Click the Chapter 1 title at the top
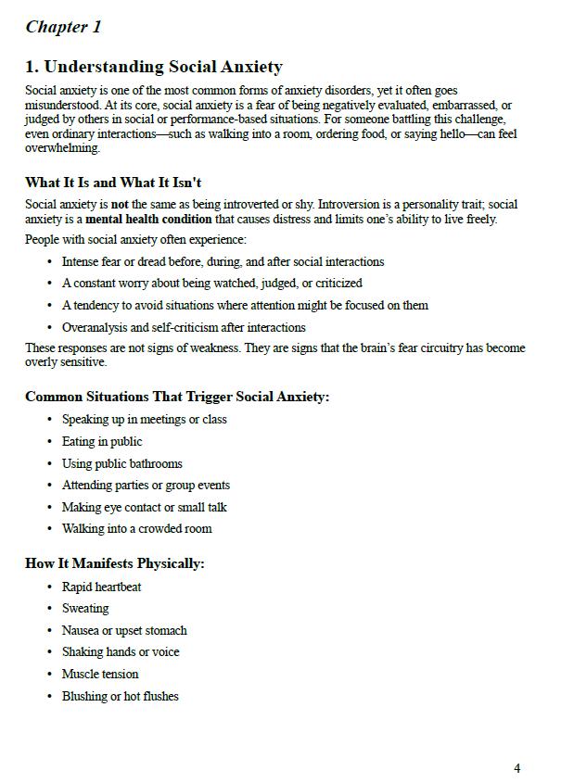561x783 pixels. pos(63,27)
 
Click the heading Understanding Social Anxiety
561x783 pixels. pos(154,67)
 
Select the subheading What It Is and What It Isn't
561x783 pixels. pos(113,183)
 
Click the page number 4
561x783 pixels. pos(516,768)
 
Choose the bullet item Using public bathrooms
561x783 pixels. pos(121,463)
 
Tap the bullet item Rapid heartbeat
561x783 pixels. pos(101,587)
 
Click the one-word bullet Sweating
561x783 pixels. pos(85,609)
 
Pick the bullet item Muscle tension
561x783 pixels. pos(100,674)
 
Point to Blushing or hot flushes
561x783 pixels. pos(120,696)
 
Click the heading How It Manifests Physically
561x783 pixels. pos(115,563)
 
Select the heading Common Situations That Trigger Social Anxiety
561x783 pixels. pos(177,397)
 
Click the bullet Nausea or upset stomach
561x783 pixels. pos(124,630)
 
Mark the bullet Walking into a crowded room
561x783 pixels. pos(136,529)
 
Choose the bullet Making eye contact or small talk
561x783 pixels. pos(144,507)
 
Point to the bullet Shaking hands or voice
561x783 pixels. pos(121,652)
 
